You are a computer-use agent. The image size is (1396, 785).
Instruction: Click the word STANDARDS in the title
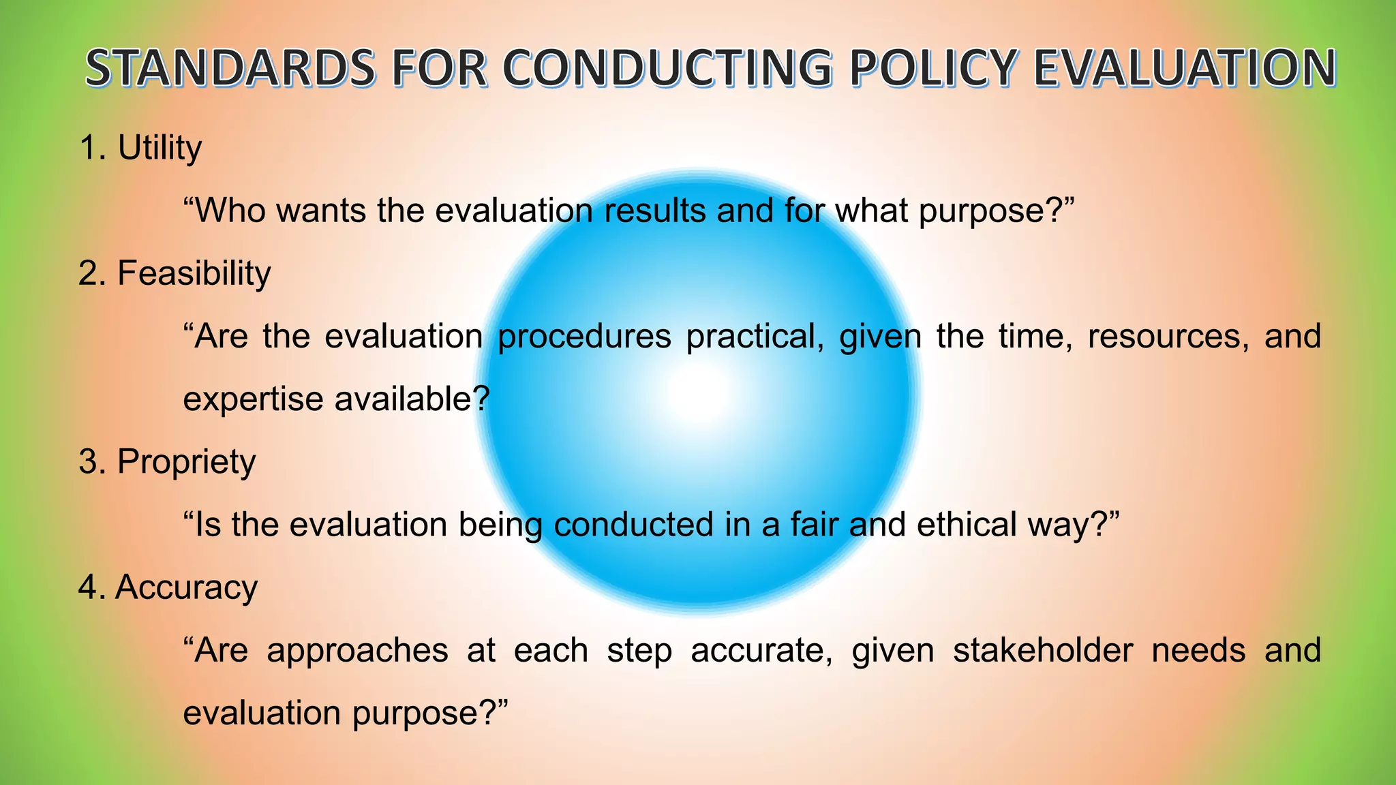(230, 69)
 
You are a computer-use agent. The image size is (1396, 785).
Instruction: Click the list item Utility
(160, 148)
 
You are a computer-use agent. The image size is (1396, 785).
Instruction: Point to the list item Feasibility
(194, 273)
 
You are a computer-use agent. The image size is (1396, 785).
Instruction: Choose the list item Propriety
(186, 462)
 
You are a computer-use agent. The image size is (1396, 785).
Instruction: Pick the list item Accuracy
(186, 587)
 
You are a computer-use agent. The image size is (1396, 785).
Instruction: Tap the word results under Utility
(655, 211)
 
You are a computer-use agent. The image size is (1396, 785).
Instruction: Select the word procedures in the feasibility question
(584, 337)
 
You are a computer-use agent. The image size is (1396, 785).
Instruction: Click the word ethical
(967, 525)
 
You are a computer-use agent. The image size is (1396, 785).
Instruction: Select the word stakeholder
(1042, 650)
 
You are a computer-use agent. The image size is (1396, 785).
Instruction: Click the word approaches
(357, 651)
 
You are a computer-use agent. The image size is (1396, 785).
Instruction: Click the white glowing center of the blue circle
(698, 391)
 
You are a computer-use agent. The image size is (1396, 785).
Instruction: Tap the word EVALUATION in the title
(1185, 69)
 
